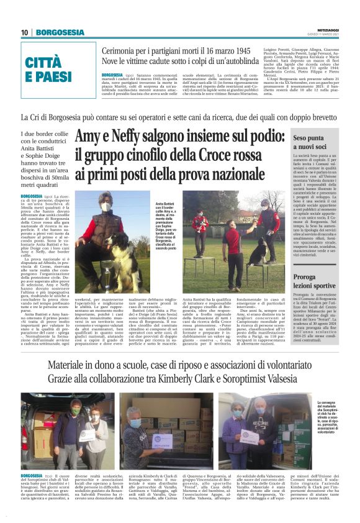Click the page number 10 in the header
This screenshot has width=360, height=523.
coord(24,32)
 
